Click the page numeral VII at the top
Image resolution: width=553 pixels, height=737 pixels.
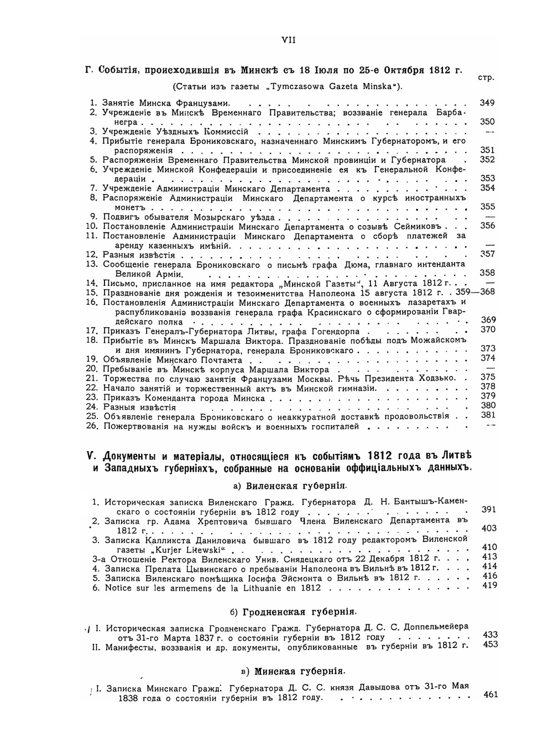[x=289, y=40]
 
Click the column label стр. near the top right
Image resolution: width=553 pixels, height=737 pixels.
[x=485, y=78]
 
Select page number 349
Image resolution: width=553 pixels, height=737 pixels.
[x=487, y=103]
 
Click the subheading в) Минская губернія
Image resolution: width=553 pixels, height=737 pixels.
[x=292, y=672]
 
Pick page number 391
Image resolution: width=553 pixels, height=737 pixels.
[x=489, y=509]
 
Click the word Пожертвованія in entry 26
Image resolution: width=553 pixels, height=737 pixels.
[x=133, y=427]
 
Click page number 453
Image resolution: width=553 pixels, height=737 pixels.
[x=490, y=644]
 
